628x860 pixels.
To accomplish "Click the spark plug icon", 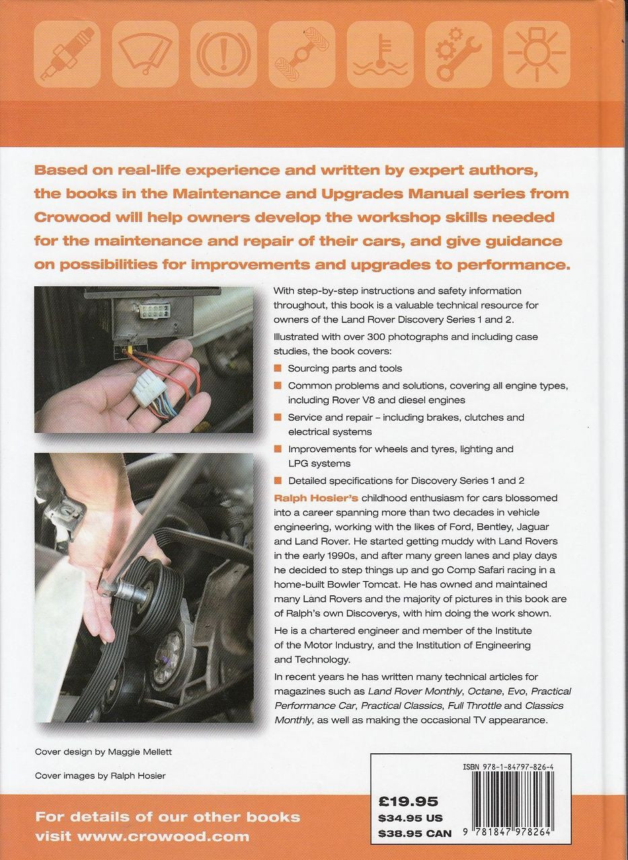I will [67, 54].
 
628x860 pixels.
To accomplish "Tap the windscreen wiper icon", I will [145, 54].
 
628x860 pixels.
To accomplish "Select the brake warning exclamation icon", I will [223, 54].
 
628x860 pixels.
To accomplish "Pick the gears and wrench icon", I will [459, 54].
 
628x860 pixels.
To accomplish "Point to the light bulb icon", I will [537, 54].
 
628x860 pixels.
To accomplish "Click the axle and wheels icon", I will [302, 54].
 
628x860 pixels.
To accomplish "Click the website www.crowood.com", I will [163, 836].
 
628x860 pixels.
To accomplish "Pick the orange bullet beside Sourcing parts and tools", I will [278, 368].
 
